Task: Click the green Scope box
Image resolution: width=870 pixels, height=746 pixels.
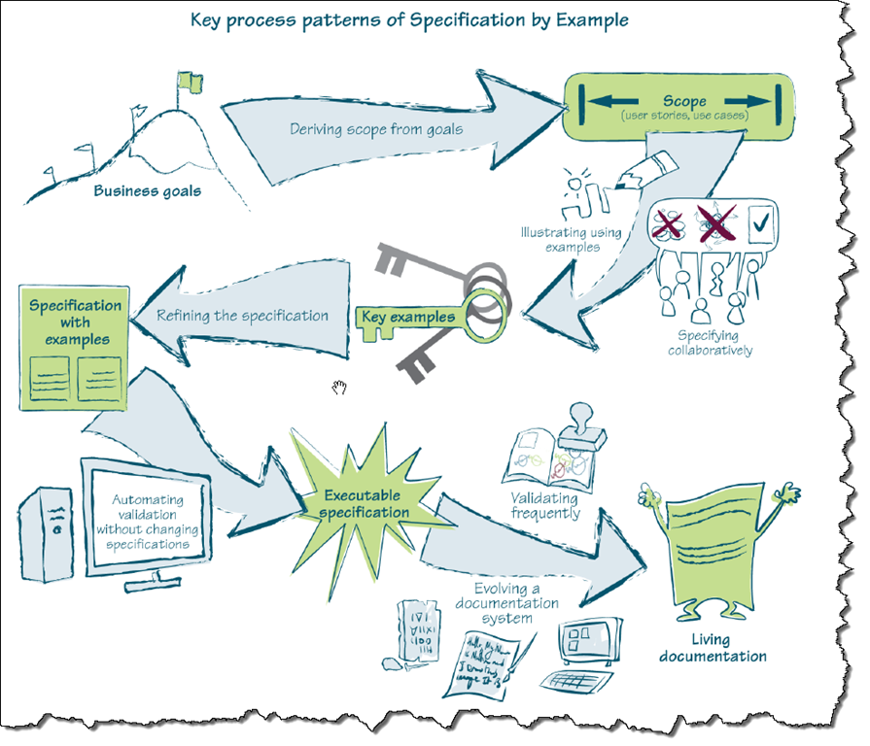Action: (679, 106)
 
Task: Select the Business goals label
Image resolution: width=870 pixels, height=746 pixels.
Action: (147, 190)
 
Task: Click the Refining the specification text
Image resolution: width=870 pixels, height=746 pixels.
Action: (242, 316)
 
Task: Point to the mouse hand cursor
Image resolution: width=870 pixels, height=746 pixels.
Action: (338, 389)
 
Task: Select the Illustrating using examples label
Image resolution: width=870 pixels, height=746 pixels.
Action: (567, 240)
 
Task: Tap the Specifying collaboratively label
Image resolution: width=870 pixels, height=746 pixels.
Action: (710, 343)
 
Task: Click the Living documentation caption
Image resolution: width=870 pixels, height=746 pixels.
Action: (713, 648)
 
